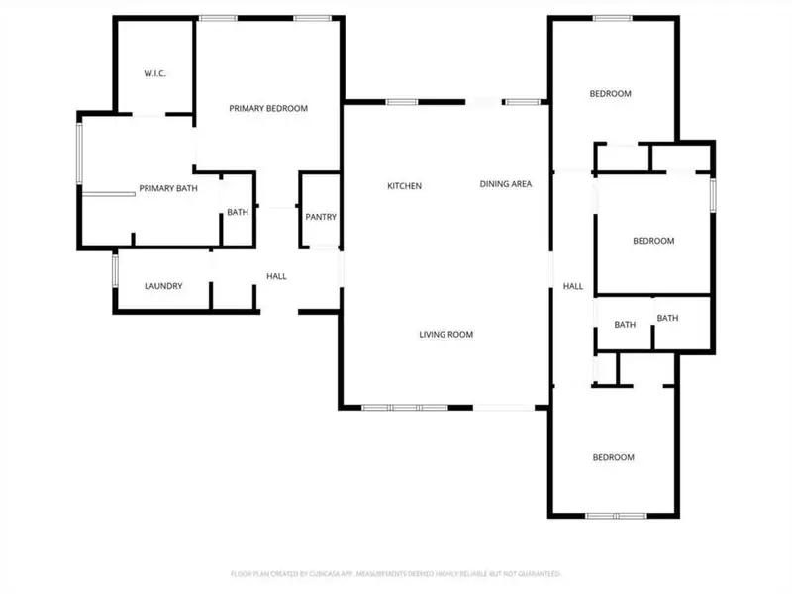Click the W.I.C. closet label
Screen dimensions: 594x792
pyautogui.click(x=153, y=73)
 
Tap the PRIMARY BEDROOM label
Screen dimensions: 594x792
pyautogui.click(x=268, y=109)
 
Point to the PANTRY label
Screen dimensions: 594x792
pyautogui.click(x=321, y=217)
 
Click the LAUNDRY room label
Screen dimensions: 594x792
pyautogui.click(x=163, y=286)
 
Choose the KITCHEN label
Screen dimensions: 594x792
pyautogui.click(x=404, y=186)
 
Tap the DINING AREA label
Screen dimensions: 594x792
pyautogui.click(x=506, y=184)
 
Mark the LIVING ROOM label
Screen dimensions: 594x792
pyautogui.click(x=445, y=335)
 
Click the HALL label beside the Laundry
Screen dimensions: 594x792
pyautogui.click(x=276, y=276)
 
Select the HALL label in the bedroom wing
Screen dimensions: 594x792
pyautogui.click(x=573, y=286)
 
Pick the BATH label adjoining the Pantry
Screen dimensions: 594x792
pyautogui.click(x=238, y=212)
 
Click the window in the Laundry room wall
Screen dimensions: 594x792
pyautogui.click(x=115, y=269)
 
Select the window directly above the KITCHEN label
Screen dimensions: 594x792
pyautogui.click(x=400, y=101)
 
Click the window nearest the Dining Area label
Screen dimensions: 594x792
pyautogui.click(x=524, y=101)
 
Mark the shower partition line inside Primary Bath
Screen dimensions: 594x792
pyautogui.click(x=109, y=194)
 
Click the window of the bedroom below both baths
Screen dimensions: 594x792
pyautogui.click(x=616, y=515)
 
